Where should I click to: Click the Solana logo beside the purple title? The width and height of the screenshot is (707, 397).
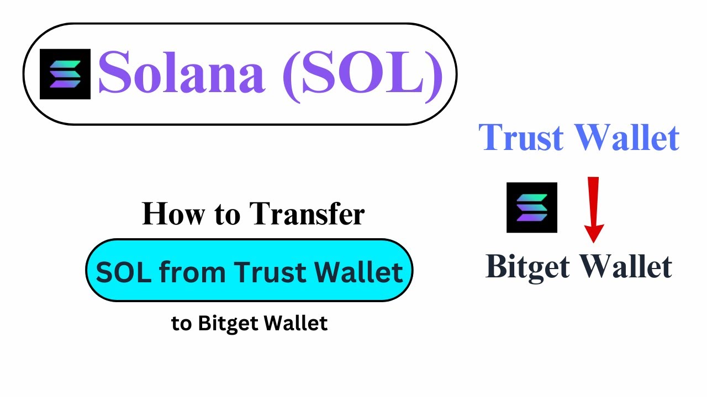pyautogui.click(x=65, y=74)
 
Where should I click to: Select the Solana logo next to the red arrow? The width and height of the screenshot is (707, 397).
pyautogui.click(x=532, y=207)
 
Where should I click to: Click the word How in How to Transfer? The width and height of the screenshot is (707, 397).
pyautogui.click(x=167, y=214)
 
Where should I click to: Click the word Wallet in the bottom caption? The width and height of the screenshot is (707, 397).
pyautogui.click(x=297, y=324)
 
